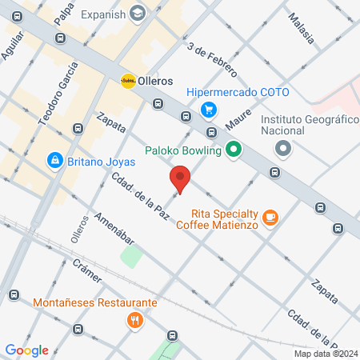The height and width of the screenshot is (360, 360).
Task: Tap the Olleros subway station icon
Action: (x=128, y=81)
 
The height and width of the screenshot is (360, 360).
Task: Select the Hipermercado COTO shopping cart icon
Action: (x=209, y=110)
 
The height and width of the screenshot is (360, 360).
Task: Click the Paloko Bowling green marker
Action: (x=234, y=148)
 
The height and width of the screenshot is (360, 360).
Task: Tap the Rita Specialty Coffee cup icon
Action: (x=271, y=216)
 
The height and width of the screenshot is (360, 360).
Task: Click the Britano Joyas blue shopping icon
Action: (x=54, y=161)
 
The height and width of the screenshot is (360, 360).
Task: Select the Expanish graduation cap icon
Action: (x=138, y=14)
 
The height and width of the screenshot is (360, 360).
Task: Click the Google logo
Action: (x=27, y=350)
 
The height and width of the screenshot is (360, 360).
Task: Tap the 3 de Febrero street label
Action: (x=213, y=60)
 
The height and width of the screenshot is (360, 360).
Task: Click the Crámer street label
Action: (x=87, y=270)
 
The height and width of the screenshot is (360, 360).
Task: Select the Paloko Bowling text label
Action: (x=183, y=149)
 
